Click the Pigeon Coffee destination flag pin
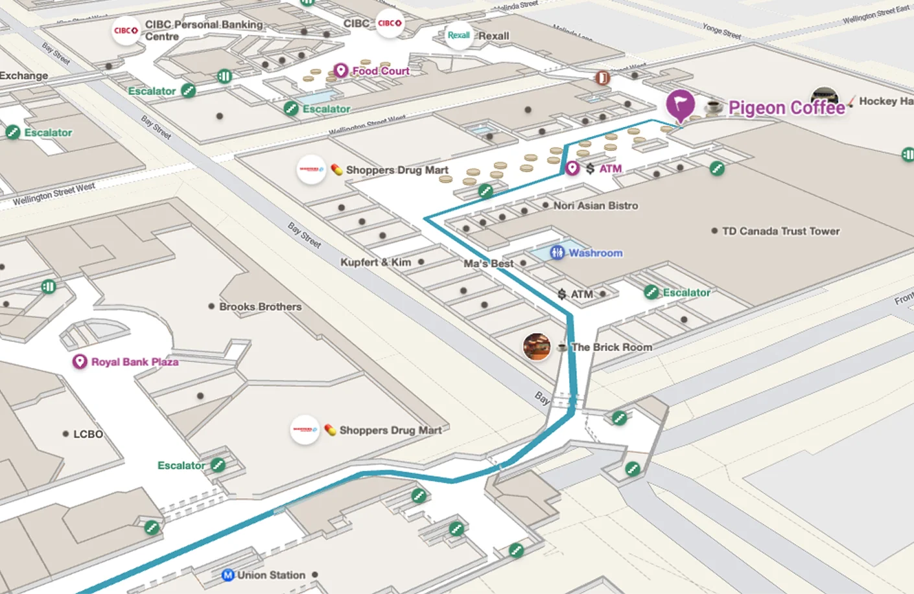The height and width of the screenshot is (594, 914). (680, 104)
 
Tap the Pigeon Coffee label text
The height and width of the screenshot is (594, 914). (786, 108)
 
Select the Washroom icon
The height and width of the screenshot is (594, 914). (557, 253)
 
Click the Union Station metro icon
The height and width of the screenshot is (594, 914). (228, 575)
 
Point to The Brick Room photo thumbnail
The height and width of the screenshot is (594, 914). (537, 347)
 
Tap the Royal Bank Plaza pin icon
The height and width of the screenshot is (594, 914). (80, 361)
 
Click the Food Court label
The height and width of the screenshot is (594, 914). (381, 71)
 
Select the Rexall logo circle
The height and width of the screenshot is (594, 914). (458, 36)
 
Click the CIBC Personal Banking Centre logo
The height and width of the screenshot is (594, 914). (126, 30)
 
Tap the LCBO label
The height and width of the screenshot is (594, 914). (88, 434)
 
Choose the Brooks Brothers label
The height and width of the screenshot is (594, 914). (260, 306)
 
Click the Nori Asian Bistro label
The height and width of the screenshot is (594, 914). (595, 205)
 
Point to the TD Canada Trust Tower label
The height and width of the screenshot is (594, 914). (780, 231)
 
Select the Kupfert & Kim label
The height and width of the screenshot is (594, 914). (375, 262)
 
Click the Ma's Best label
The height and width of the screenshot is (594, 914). (488, 264)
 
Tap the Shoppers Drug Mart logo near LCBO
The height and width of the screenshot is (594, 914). (304, 429)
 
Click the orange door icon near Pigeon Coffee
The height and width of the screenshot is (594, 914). (603, 78)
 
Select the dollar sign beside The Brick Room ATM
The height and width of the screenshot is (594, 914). (562, 295)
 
